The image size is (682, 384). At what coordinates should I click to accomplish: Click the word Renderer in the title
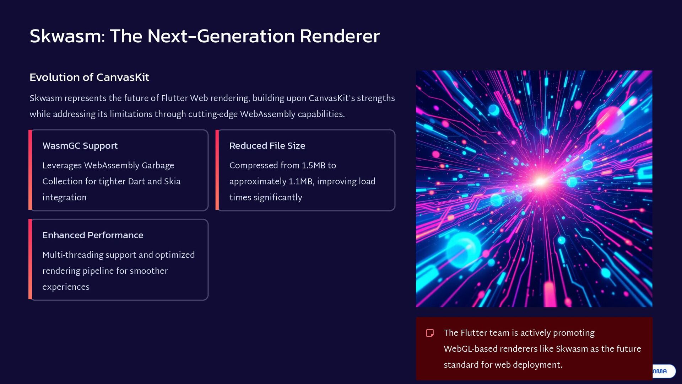pos(340,36)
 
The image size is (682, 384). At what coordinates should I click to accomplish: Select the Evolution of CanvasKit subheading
pos(89,77)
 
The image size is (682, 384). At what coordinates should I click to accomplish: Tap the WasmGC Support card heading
pos(80,146)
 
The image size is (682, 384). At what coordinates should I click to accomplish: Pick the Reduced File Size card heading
pos(267,146)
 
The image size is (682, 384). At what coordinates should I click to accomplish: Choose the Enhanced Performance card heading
pos(93,235)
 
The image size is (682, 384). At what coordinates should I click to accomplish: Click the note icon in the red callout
pos(430,333)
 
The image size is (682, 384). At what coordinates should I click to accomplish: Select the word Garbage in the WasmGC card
pos(158,166)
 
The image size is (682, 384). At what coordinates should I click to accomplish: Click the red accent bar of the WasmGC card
pos(30,170)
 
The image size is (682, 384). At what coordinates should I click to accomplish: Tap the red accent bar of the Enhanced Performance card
pos(30,259)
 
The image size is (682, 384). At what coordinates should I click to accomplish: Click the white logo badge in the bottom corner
pos(663,371)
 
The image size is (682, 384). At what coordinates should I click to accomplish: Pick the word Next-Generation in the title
pos(221,36)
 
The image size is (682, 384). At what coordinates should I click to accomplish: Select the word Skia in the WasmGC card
pos(172,181)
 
